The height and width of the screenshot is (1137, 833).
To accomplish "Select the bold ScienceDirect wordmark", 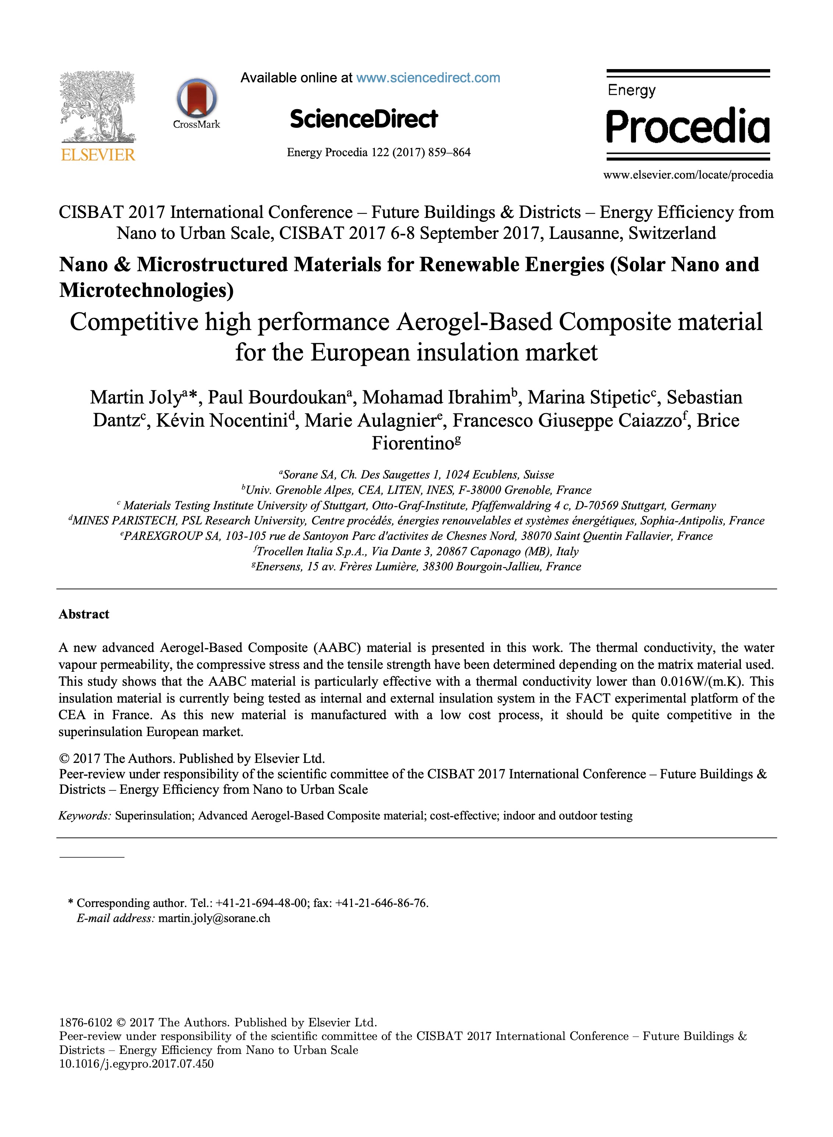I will click(363, 119).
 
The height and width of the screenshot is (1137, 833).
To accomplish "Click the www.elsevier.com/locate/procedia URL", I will click(688, 175).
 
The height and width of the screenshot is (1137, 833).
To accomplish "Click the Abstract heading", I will click(84, 614).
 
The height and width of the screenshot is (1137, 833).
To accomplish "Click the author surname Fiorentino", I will click(413, 443).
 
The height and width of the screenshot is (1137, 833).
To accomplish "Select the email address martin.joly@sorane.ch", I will click(214, 918).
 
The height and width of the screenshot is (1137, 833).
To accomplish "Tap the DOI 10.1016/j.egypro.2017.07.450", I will click(136, 1064).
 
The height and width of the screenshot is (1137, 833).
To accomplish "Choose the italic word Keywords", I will click(84, 816).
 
